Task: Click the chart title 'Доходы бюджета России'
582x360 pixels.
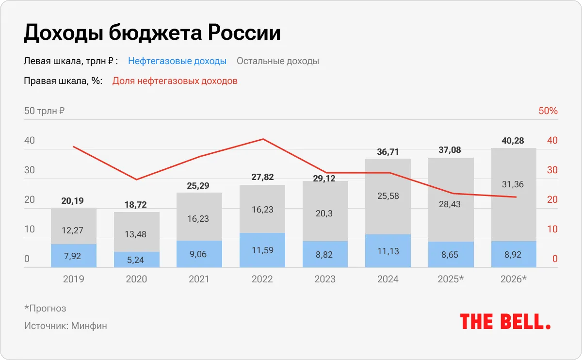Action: [x=152, y=33]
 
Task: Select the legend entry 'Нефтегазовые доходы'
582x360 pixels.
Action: [x=177, y=61]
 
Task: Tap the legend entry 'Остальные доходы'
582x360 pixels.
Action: [x=278, y=61]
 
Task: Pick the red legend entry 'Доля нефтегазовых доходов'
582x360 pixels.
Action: [x=175, y=81]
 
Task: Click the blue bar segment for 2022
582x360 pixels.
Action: [x=262, y=250]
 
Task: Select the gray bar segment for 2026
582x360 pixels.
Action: [x=514, y=194]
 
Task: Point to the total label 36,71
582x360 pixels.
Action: [x=388, y=152]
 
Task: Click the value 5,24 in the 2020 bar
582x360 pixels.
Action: [x=136, y=260]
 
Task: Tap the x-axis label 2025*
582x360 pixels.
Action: [x=451, y=279]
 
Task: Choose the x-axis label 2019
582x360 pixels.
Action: [x=74, y=279]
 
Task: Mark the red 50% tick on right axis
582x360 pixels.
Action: [x=548, y=111]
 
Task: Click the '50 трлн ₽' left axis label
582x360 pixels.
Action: [x=45, y=111]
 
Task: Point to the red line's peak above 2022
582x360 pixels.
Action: [x=262, y=139]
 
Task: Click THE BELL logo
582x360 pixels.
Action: [x=505, y=321]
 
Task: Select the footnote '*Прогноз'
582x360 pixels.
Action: [x=45, y=308]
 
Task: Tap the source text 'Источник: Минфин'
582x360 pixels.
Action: [x=65, y=326]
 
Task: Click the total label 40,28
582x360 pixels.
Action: [x=514, y=141]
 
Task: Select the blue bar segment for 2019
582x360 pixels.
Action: [x=74, y=256]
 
